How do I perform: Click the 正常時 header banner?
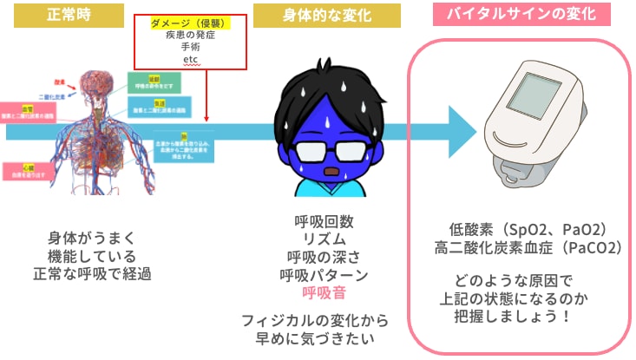click(x=67, y=15)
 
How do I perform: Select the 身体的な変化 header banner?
click(x=314, y=15)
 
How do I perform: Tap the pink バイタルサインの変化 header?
click(x=520, y=15)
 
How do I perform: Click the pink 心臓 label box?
click(x=29, y=170)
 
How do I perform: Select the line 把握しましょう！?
click(x=515, y=315)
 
